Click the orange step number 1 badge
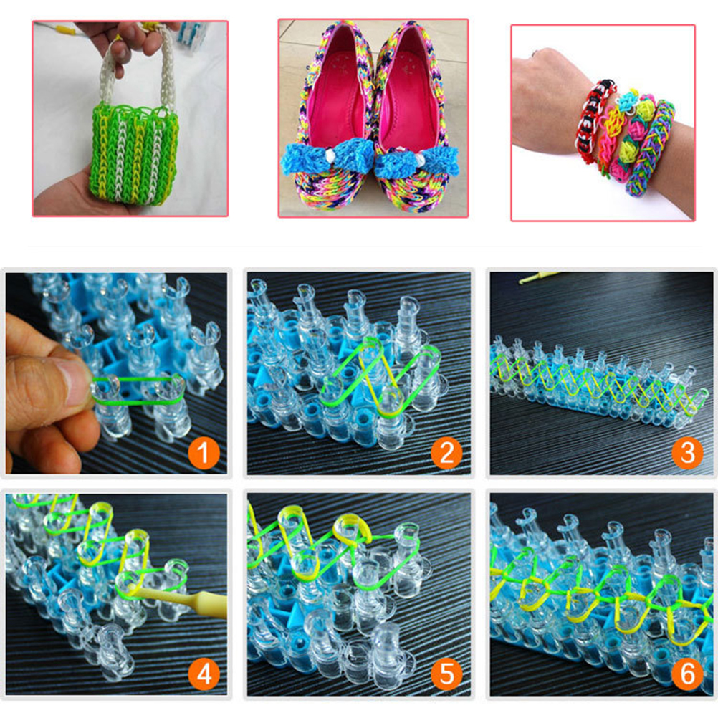point(204,453)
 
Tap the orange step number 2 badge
point(446,453)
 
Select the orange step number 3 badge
point(687,453)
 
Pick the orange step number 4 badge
point(204,674)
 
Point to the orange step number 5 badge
point(446,674)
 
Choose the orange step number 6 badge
point(687,674)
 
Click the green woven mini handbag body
point(135,153)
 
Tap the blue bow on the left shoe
point(326,158)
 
